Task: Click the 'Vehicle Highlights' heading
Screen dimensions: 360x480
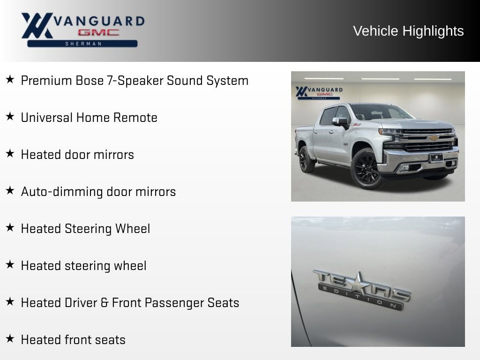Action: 408,31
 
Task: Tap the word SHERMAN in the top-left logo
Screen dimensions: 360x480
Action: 82,44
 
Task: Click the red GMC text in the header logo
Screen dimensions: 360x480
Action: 98,33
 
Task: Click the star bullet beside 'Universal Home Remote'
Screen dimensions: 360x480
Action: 10,117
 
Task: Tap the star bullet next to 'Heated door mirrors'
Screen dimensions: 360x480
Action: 10,154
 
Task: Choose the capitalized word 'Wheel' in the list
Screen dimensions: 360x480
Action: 133,229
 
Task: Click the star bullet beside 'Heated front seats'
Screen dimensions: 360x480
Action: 10,339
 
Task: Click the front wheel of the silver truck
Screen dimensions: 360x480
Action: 367,168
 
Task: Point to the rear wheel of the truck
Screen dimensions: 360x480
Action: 307,159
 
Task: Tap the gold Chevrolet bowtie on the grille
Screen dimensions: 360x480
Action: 432,138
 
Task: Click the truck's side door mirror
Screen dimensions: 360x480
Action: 341,122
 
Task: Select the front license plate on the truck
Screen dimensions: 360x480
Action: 435,158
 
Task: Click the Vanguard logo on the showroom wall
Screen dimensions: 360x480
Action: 319,92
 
